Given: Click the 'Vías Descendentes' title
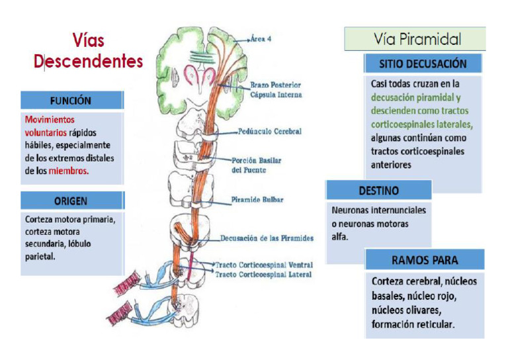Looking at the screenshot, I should [x=88, y=52].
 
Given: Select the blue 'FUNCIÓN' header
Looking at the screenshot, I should [x=71, y=101].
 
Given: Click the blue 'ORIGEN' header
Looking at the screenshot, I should [x=71, y=201].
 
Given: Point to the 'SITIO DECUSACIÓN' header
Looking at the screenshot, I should [x=423, y=64].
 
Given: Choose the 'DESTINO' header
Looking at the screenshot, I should [x=378, y=191].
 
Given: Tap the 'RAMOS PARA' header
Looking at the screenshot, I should [x=424, y=259].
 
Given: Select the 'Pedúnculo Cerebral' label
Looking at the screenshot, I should [x=270, y=132].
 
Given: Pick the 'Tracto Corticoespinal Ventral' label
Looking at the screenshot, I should [x=263, y=265].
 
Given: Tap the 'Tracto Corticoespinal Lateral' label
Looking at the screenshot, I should [x=263, y=274].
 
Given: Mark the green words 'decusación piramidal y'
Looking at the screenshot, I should [x=416, y=97].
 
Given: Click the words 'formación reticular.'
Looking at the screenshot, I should [x=413, y=325].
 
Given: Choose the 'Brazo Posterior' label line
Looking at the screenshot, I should [x=276, y=85].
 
